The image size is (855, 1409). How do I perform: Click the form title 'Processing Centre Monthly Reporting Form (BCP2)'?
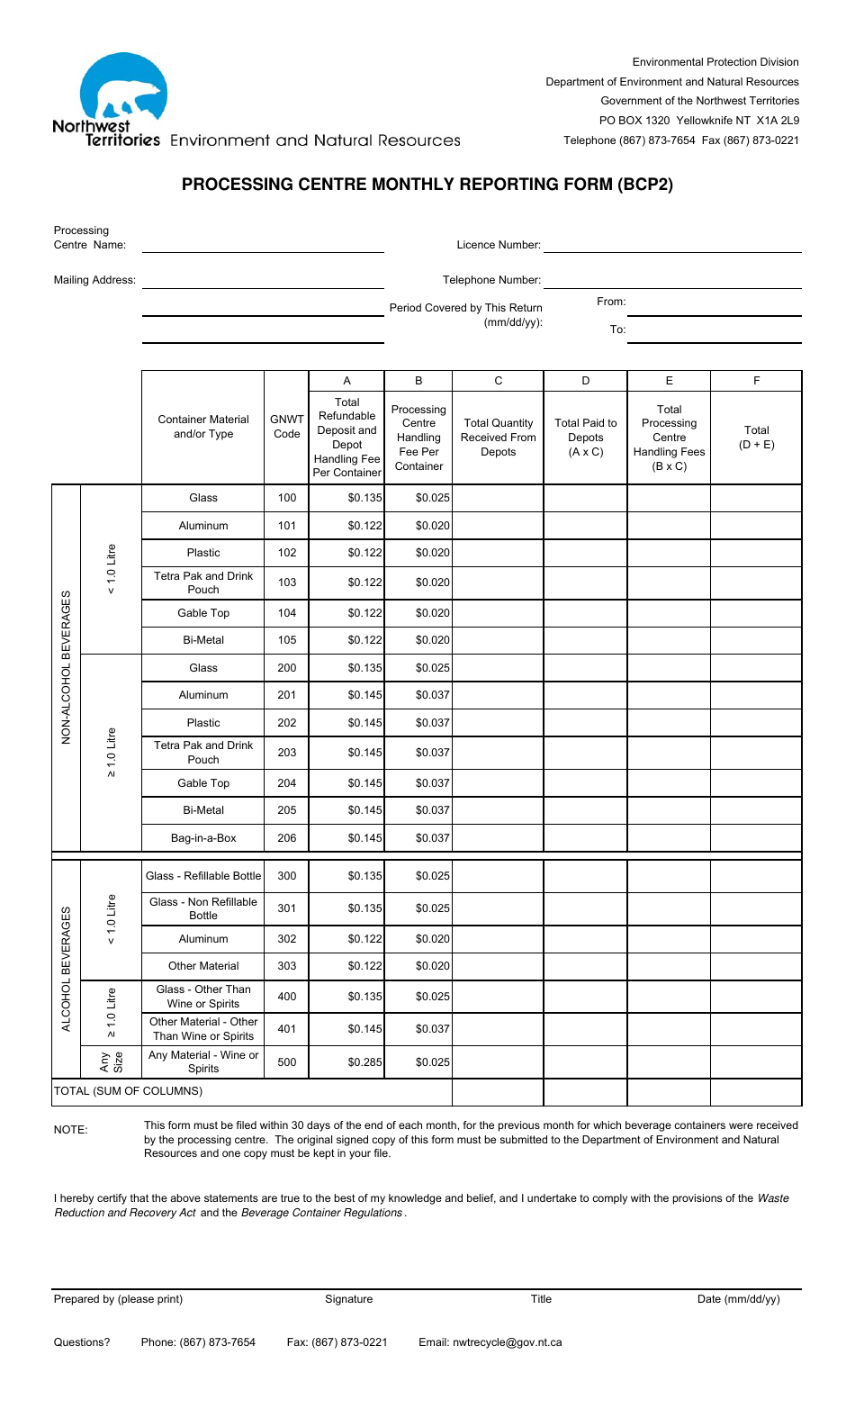427,185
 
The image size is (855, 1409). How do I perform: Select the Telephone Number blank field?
672,280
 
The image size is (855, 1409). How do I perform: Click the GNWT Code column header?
286,427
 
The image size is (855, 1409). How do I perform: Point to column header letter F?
756,381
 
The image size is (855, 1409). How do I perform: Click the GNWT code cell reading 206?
286,838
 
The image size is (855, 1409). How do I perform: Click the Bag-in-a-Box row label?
203,838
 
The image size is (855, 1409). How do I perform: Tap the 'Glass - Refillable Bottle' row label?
203,876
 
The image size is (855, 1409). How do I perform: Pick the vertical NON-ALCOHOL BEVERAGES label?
67,667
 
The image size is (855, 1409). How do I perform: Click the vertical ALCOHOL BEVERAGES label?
67,969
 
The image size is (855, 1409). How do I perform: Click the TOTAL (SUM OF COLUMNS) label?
128,1091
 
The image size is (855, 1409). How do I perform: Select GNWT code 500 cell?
286,1062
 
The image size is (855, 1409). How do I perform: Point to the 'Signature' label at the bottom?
348,1299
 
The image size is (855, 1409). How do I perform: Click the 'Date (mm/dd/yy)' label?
738,1299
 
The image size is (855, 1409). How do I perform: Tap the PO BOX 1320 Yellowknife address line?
698,121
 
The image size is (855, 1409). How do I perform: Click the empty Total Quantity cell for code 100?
498,498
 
